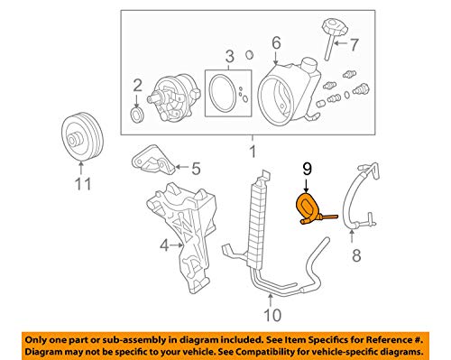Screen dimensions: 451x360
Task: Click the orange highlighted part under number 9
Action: coord(304,208)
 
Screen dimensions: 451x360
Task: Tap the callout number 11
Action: coord(83,183)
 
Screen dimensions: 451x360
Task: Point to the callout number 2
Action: coord(137,86)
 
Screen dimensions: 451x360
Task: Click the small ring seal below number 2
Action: coord(137,115)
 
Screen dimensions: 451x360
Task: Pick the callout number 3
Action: coord(229,57)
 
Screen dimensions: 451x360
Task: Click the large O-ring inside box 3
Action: coord(223,92)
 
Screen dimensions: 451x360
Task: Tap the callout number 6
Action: coord(276,42)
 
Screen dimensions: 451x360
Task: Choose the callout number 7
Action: coord(354,44)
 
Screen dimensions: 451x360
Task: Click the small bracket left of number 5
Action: coord(152,161)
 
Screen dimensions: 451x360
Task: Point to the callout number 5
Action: coord(196,169)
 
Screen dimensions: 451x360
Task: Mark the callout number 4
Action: coord(164,245)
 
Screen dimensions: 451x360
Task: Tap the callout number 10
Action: coord(272,315)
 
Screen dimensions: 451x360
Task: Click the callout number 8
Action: coord(356,255)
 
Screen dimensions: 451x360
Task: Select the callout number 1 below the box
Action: coord(253,152)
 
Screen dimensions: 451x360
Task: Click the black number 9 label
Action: coord(307,170)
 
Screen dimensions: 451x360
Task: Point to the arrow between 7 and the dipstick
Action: coord(342,43)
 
